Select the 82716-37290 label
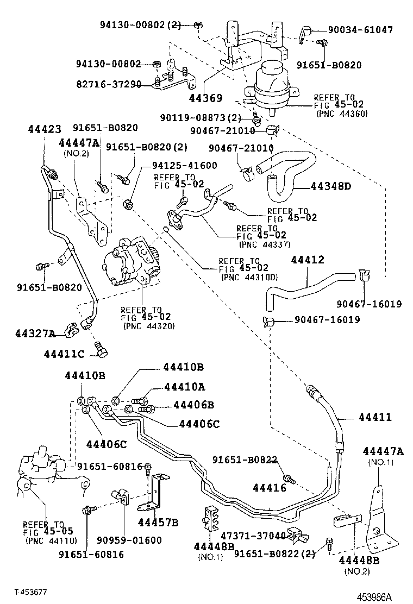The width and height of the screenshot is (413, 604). (x=109, y=84)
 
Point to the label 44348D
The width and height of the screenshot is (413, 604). (x=331, y=186)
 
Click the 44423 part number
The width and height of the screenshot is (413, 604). (x=44, y=129)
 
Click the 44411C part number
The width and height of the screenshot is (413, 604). (x=64, y=354)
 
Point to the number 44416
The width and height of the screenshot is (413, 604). (x=270, y=488)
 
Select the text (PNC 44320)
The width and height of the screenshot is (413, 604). (x=141, y=326)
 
